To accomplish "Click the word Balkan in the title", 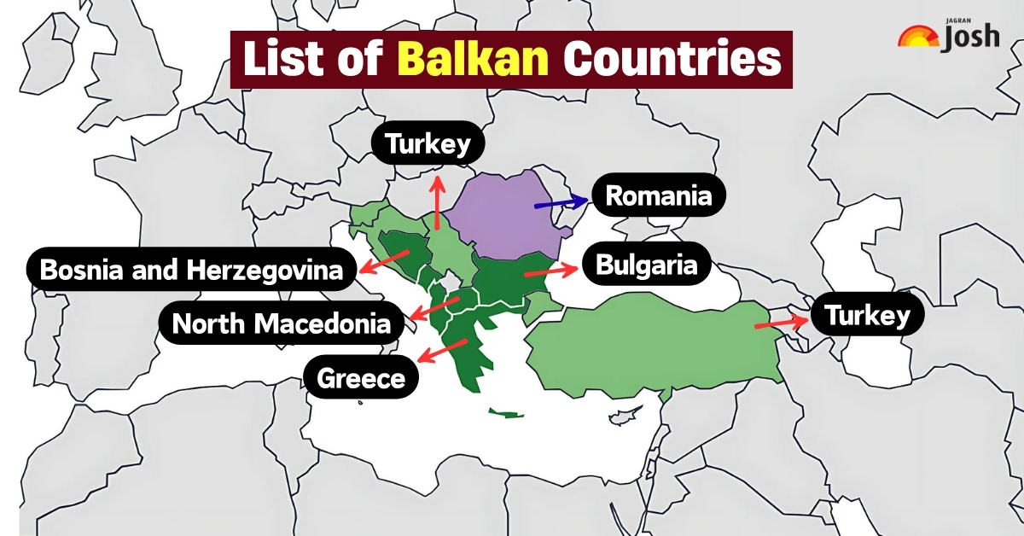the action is click(x=474, y=59).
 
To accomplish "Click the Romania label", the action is click(x=658, y=196).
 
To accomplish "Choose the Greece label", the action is click(x=361, y=376).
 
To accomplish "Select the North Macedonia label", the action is click(x=282, y=323).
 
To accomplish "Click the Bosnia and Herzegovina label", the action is click(x=191, y=271).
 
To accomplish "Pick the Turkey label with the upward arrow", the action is click(x=428, y=144).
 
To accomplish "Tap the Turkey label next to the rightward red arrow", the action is click(x=867, y=317).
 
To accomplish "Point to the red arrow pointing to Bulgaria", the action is click(x=550, y=271).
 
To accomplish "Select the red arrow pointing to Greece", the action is click(x=444, y=350).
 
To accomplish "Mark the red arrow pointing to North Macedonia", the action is click(x=435, y=308).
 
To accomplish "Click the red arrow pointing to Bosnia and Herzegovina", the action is click(x=381, y=261).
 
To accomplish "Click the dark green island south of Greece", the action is click(x=506, y=414).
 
